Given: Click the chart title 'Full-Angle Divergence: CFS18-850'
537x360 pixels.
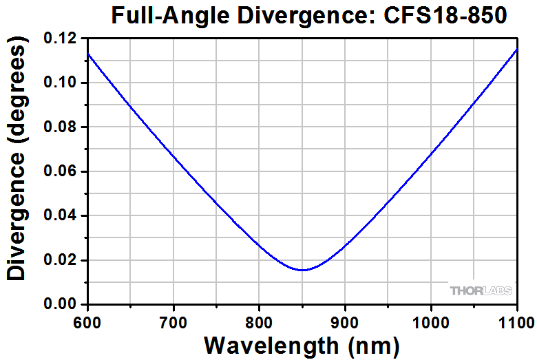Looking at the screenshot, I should pos(309,15).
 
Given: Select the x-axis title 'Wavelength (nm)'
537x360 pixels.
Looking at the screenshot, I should pos(302,343).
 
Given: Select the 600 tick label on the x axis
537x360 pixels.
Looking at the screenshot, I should pos(88,320).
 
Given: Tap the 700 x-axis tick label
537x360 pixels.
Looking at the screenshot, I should pos(173,320).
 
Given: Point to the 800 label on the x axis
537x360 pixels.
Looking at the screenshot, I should pos(259,320).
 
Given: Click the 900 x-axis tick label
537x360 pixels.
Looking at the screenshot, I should pos(344,320).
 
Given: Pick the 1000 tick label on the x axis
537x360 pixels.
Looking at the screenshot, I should pos(430,320).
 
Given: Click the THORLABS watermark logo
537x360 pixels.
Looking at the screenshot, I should pos(481,290).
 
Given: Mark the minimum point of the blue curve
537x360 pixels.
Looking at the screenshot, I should pos(303,270).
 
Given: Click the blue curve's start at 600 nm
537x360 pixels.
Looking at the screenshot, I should pos(88,54).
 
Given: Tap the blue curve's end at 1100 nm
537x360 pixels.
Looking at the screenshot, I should pos(516,50).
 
